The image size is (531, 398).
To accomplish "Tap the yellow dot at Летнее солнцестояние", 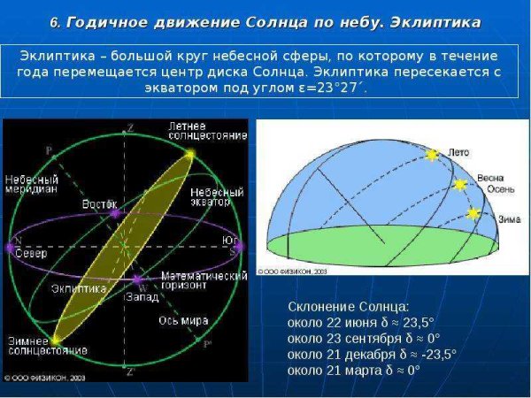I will (189, 154).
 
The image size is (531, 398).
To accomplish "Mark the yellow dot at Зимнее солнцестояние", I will (56, 340).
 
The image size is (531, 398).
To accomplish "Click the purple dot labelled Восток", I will (113, 213).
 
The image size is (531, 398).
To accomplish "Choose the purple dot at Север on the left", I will (10, 249).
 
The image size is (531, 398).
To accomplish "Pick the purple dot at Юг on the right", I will (238, 249).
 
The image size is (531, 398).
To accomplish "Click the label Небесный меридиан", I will (31, 184).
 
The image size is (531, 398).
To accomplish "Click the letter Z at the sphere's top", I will (130, 128).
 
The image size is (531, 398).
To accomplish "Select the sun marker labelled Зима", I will (473, 213).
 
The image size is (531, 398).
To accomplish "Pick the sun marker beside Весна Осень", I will (459, 184).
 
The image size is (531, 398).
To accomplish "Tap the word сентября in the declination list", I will (372, 338).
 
